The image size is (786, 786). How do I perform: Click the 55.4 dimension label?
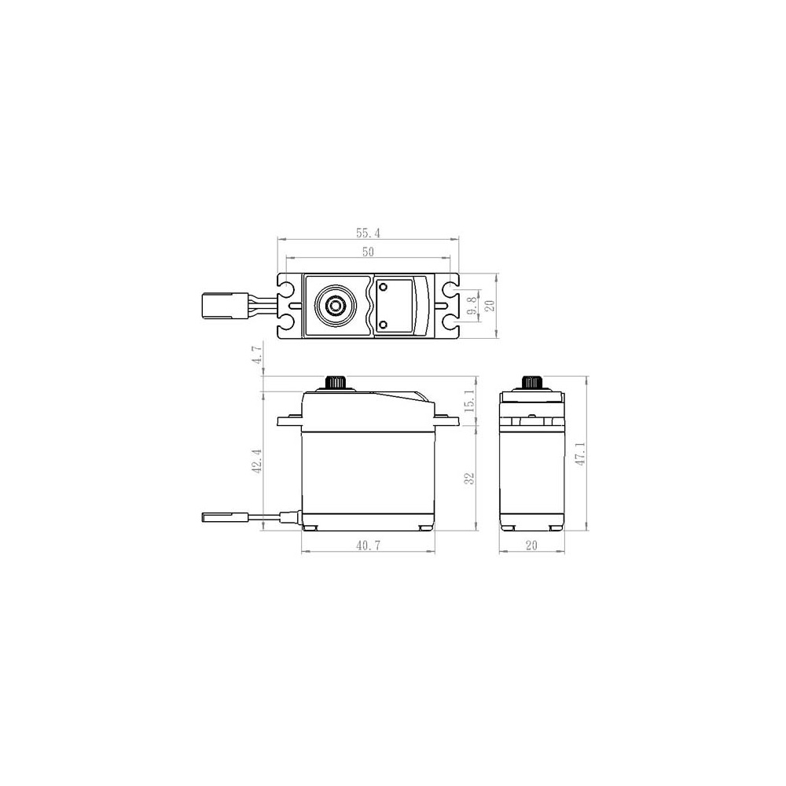pyautogui.click(x=368, y=233)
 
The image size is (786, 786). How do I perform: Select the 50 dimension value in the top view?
pyautogui.click(x=368, y=252)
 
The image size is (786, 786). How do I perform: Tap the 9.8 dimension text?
pyautogui.click(x=472, y=305)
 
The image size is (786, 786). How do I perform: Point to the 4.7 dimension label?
pyautogui.click(x=257, y=354)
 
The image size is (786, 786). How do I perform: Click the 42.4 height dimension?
pyautogui.click(x=257, y=461)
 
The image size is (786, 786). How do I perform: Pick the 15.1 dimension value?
pyautogui.click(x=469, y=401)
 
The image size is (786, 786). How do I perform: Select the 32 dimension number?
pyautogui.click(x=469, y=478)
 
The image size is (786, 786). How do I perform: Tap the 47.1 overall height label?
pyautogui.click(x=580, y=454)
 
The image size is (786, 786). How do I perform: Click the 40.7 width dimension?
pyautogui.click(x=368, y=545)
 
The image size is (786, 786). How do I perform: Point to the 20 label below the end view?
pyautogui.click(x=531, y=545)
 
